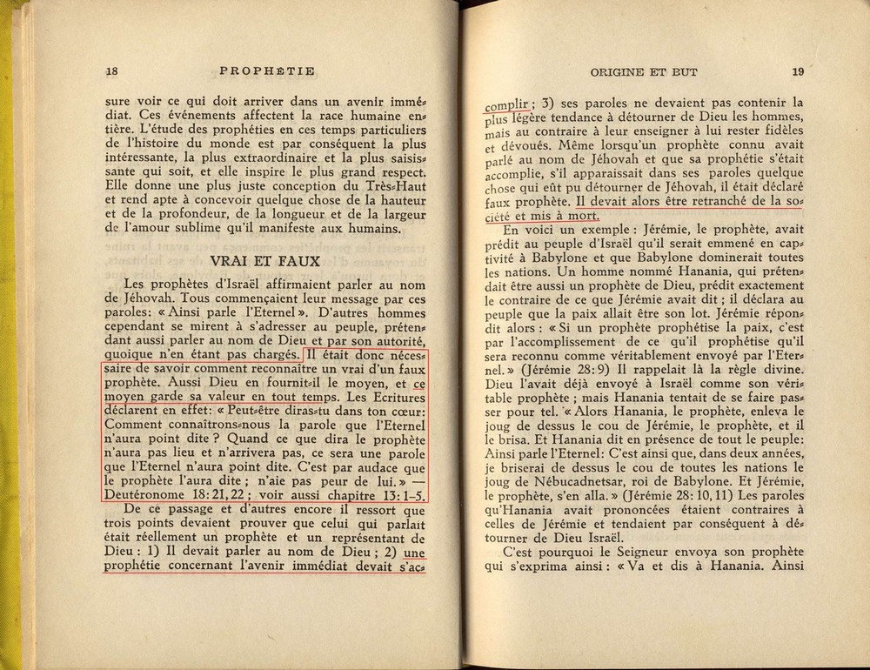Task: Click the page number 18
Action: click(110, 71)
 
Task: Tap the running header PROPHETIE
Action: click(268, 71)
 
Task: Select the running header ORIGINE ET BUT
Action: click(644, 71)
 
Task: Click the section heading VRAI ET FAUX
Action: click(268, 259)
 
